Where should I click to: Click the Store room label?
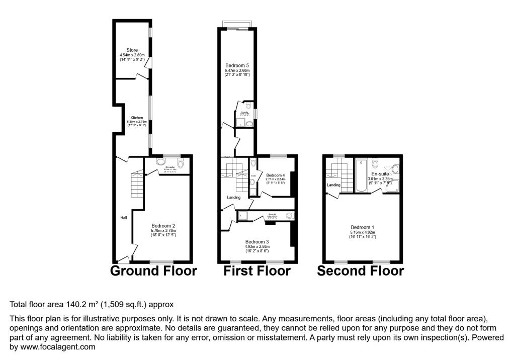pos(132,50)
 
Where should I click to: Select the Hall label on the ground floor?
pos(123,218)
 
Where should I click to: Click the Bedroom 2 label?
pos(163,225)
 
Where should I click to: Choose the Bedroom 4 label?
pos(275,174)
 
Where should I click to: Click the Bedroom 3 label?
pos(257,242)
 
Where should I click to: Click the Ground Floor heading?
pos(153,271)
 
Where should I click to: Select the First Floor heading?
pos(257,271)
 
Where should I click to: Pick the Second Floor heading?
pos(360,271)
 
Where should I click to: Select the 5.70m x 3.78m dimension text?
pos(163,230)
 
